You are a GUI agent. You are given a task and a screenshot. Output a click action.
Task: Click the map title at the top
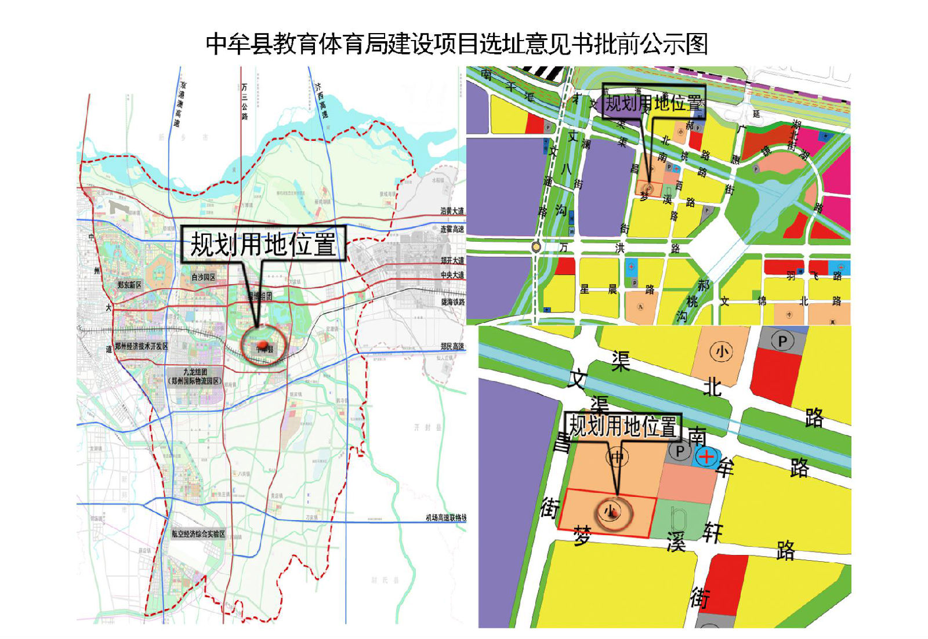coord(457,44)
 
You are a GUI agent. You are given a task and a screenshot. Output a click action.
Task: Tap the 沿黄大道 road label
coord(452,211)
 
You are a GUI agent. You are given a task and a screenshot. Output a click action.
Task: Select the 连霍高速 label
coord(452,229)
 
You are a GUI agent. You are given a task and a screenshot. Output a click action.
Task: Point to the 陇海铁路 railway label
coord(452,302)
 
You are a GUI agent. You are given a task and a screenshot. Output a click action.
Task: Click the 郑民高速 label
coord(452,346)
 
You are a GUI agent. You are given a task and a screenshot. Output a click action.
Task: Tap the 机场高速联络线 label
coord(445,517)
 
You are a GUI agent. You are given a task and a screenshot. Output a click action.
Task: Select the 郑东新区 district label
coord(129,285)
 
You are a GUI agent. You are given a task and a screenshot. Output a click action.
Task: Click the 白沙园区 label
coord(204,277)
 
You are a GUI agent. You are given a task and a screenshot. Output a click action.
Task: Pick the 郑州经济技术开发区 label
coord(142,346)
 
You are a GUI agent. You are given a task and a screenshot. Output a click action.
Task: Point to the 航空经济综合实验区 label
coord(198,533)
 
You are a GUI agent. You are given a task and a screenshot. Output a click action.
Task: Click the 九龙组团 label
coord(195,372)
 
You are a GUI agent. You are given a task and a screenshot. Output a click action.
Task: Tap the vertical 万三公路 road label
coord(245,101)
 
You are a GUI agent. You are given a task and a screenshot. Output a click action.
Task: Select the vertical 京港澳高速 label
coord(180,104)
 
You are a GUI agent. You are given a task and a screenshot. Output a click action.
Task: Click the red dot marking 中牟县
coord(263,346)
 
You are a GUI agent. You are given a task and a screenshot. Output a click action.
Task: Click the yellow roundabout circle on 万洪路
coord(536,247)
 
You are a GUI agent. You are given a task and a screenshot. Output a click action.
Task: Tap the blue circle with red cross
coord(706,456)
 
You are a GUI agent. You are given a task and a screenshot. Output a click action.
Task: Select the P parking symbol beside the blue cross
coord(679,451)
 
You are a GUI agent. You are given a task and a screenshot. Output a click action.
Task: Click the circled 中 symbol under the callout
coord(617,458)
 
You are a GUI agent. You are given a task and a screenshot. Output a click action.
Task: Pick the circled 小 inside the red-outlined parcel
coord(610,511)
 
